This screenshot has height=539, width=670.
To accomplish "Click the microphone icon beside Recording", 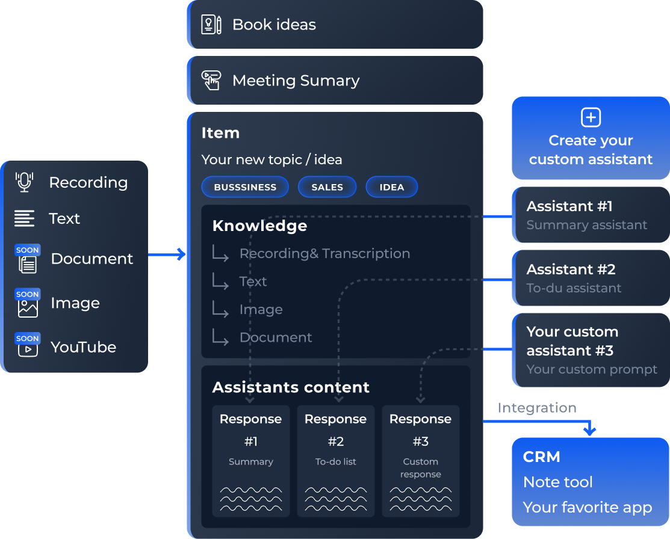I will (x=24, y=182).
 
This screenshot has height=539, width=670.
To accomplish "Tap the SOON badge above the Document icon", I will (x=28, y=250).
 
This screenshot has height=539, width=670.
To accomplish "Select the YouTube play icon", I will (x=28, y=350).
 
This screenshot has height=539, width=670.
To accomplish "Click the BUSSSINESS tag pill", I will (x=245, y=187).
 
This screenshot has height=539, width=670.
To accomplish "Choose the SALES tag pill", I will (x=327, y=187).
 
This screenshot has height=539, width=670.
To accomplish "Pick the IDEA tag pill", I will (x=391, y=187).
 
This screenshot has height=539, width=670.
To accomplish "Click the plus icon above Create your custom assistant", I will (x=591, y=117).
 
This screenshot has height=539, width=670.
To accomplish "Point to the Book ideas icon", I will (x=211, y=25).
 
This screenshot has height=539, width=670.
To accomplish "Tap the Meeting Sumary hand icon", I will (x=211, y=81).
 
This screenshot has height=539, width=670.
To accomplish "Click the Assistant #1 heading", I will (x=569, y=206).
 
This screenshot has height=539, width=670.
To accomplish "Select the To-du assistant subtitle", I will (x=574, y=288).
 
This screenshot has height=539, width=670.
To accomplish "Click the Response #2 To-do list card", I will (x=336, y=461).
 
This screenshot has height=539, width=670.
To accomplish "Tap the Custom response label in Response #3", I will (x=420, y=468).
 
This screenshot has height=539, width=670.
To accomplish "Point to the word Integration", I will (x=537, y=408).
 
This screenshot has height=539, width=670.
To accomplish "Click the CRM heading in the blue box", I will (x=542, y=457).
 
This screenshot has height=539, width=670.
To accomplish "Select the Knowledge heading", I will (x=259, y=226).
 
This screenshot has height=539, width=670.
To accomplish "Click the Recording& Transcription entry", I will (x=324, y=253).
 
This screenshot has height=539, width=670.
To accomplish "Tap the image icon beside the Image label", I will (x=28, y=307).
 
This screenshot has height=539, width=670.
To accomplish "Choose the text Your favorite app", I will (x=588, y=507).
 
